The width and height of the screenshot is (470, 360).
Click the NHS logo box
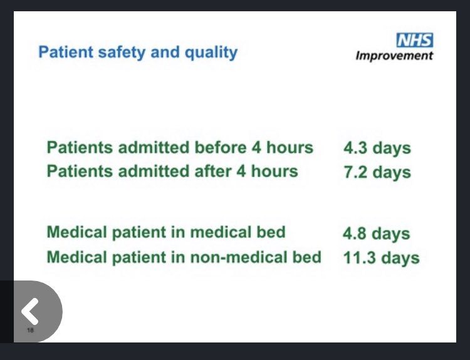[414, 41]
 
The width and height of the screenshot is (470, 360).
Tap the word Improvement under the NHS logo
[394, 56]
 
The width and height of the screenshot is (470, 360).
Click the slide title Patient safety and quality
[138, 51]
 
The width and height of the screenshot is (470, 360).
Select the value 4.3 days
[377, 148]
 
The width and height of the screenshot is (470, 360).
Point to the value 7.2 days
[377, 172]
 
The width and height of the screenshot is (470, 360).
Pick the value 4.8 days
[376, 233]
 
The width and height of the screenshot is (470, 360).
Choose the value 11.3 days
[381, 257]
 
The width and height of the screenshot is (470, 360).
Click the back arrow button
[30, 310]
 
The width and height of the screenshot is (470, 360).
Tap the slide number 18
[30, 330]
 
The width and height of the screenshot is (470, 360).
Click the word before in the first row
[225, 148]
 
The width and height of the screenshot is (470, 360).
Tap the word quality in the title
[209, 52]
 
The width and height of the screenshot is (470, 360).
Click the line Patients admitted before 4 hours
[180, 148]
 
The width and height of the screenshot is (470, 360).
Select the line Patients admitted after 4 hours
[172, 171]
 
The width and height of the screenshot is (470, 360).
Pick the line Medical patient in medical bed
[166, 232]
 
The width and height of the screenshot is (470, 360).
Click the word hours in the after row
[274, 171]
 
